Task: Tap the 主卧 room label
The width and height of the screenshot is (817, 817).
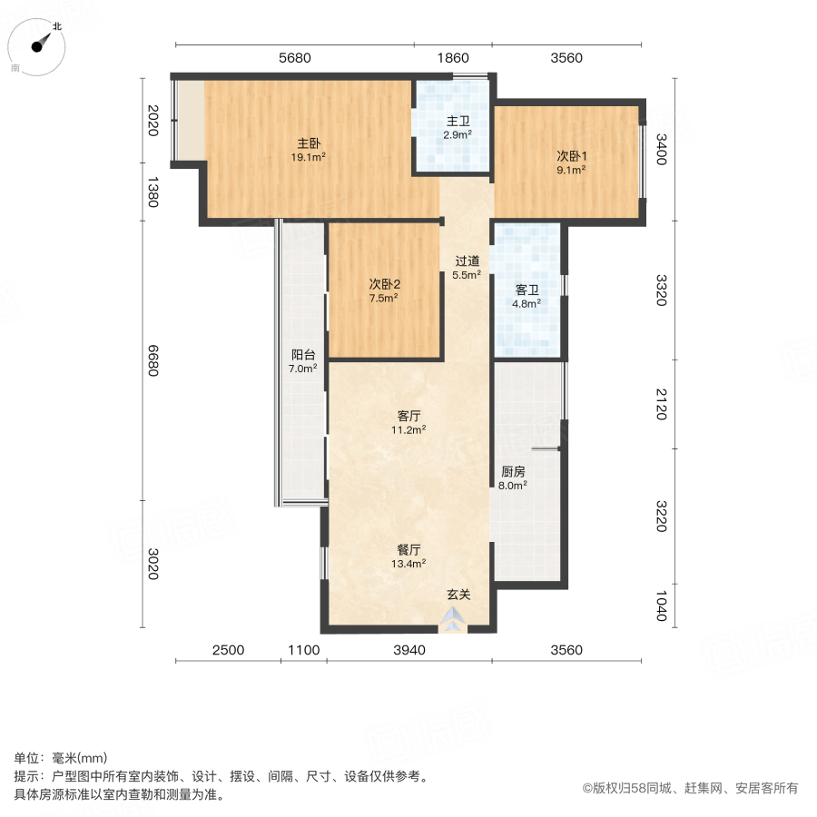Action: coord(309,143)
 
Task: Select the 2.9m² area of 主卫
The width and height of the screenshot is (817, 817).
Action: coord(457,135)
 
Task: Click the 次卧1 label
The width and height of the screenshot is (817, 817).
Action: coord(570,155)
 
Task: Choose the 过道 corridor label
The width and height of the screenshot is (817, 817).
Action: coord(467,261)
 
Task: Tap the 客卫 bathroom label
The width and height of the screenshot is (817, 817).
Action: coord(527,290)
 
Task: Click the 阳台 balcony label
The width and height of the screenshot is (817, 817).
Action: coord(303,356)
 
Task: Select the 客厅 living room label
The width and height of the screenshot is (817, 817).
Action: coord(409,416)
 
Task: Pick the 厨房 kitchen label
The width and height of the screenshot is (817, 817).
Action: coord(513,472)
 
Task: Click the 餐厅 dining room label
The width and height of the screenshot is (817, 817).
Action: coord(409,549)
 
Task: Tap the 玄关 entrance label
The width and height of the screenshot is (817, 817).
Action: coord(458,596)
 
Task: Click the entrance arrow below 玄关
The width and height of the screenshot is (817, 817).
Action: coord(451,622)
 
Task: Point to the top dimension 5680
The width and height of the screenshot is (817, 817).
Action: coord(295,58)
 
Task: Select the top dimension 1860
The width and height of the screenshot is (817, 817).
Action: coord(453,58)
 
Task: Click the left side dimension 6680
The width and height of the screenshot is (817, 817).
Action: coord(153,363)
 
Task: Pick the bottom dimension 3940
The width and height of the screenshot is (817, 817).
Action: coord(409,650)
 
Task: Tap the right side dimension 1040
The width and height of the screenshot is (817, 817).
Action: coord(660,605)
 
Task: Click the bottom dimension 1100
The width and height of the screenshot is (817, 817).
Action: coord(303,650)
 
